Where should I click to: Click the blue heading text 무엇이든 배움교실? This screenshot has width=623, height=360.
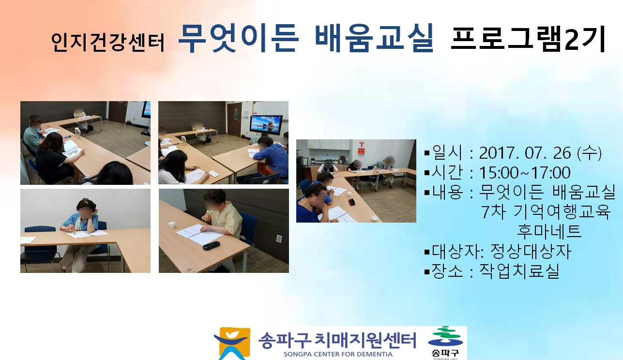click(x=306, y=38)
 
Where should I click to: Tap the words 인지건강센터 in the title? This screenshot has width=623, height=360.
click(x=108, y=43)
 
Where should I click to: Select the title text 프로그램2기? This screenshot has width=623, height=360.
click(x=528, y=39)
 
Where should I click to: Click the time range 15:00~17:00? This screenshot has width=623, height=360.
click(x=525, y=173)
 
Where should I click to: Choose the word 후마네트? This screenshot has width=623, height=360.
click(x=549, y=231)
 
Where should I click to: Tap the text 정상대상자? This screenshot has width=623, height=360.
click(x=531, y=251)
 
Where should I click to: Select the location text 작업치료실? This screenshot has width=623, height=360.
click(x=519, y=271)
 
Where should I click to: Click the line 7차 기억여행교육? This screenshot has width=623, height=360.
click(x=546, y=212)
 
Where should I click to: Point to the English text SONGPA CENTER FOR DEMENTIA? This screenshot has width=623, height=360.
click(x=338, y=355)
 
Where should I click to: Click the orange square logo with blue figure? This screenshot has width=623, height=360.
click(x=232, y=344)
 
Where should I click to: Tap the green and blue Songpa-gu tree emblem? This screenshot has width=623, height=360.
click(x=445, y=336)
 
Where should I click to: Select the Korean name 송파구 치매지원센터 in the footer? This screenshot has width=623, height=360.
click(x=337, y=340)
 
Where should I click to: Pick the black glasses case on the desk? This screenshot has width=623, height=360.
click(x=212, y=245)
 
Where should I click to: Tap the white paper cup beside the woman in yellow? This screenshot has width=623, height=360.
click(x=171, y=225)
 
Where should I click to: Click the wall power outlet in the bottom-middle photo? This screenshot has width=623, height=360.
click(x=279, y=239)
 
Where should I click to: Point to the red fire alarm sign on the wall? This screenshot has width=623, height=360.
click(x=361, y=148)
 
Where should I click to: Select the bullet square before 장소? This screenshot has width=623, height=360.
click(x=427, y=271)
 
